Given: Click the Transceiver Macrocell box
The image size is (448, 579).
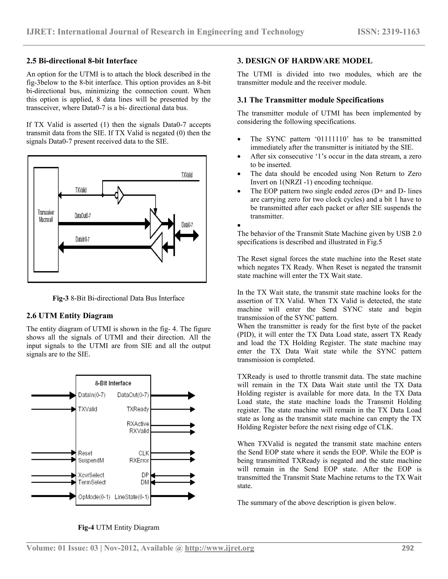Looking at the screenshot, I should click(46, 220).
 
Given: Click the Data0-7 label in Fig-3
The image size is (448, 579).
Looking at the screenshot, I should click(187, 225).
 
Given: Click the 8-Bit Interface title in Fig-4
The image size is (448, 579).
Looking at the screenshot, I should click(113, 383).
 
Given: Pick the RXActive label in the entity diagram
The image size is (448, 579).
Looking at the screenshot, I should click(138, 424).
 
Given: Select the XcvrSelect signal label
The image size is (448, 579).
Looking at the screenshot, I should click(91, 475).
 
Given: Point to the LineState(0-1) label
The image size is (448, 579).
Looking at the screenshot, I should click(132, 497).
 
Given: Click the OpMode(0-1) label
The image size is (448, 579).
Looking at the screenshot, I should click(94, 497).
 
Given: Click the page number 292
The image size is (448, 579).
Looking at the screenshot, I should click(408, 548).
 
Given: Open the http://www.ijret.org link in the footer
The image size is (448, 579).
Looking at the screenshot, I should click(219, 548).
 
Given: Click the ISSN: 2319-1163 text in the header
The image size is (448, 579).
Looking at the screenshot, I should click(388, 32).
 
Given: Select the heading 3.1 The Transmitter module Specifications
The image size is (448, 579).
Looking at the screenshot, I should click(310, 100).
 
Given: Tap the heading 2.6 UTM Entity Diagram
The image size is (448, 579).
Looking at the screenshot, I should click(70, 316).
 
